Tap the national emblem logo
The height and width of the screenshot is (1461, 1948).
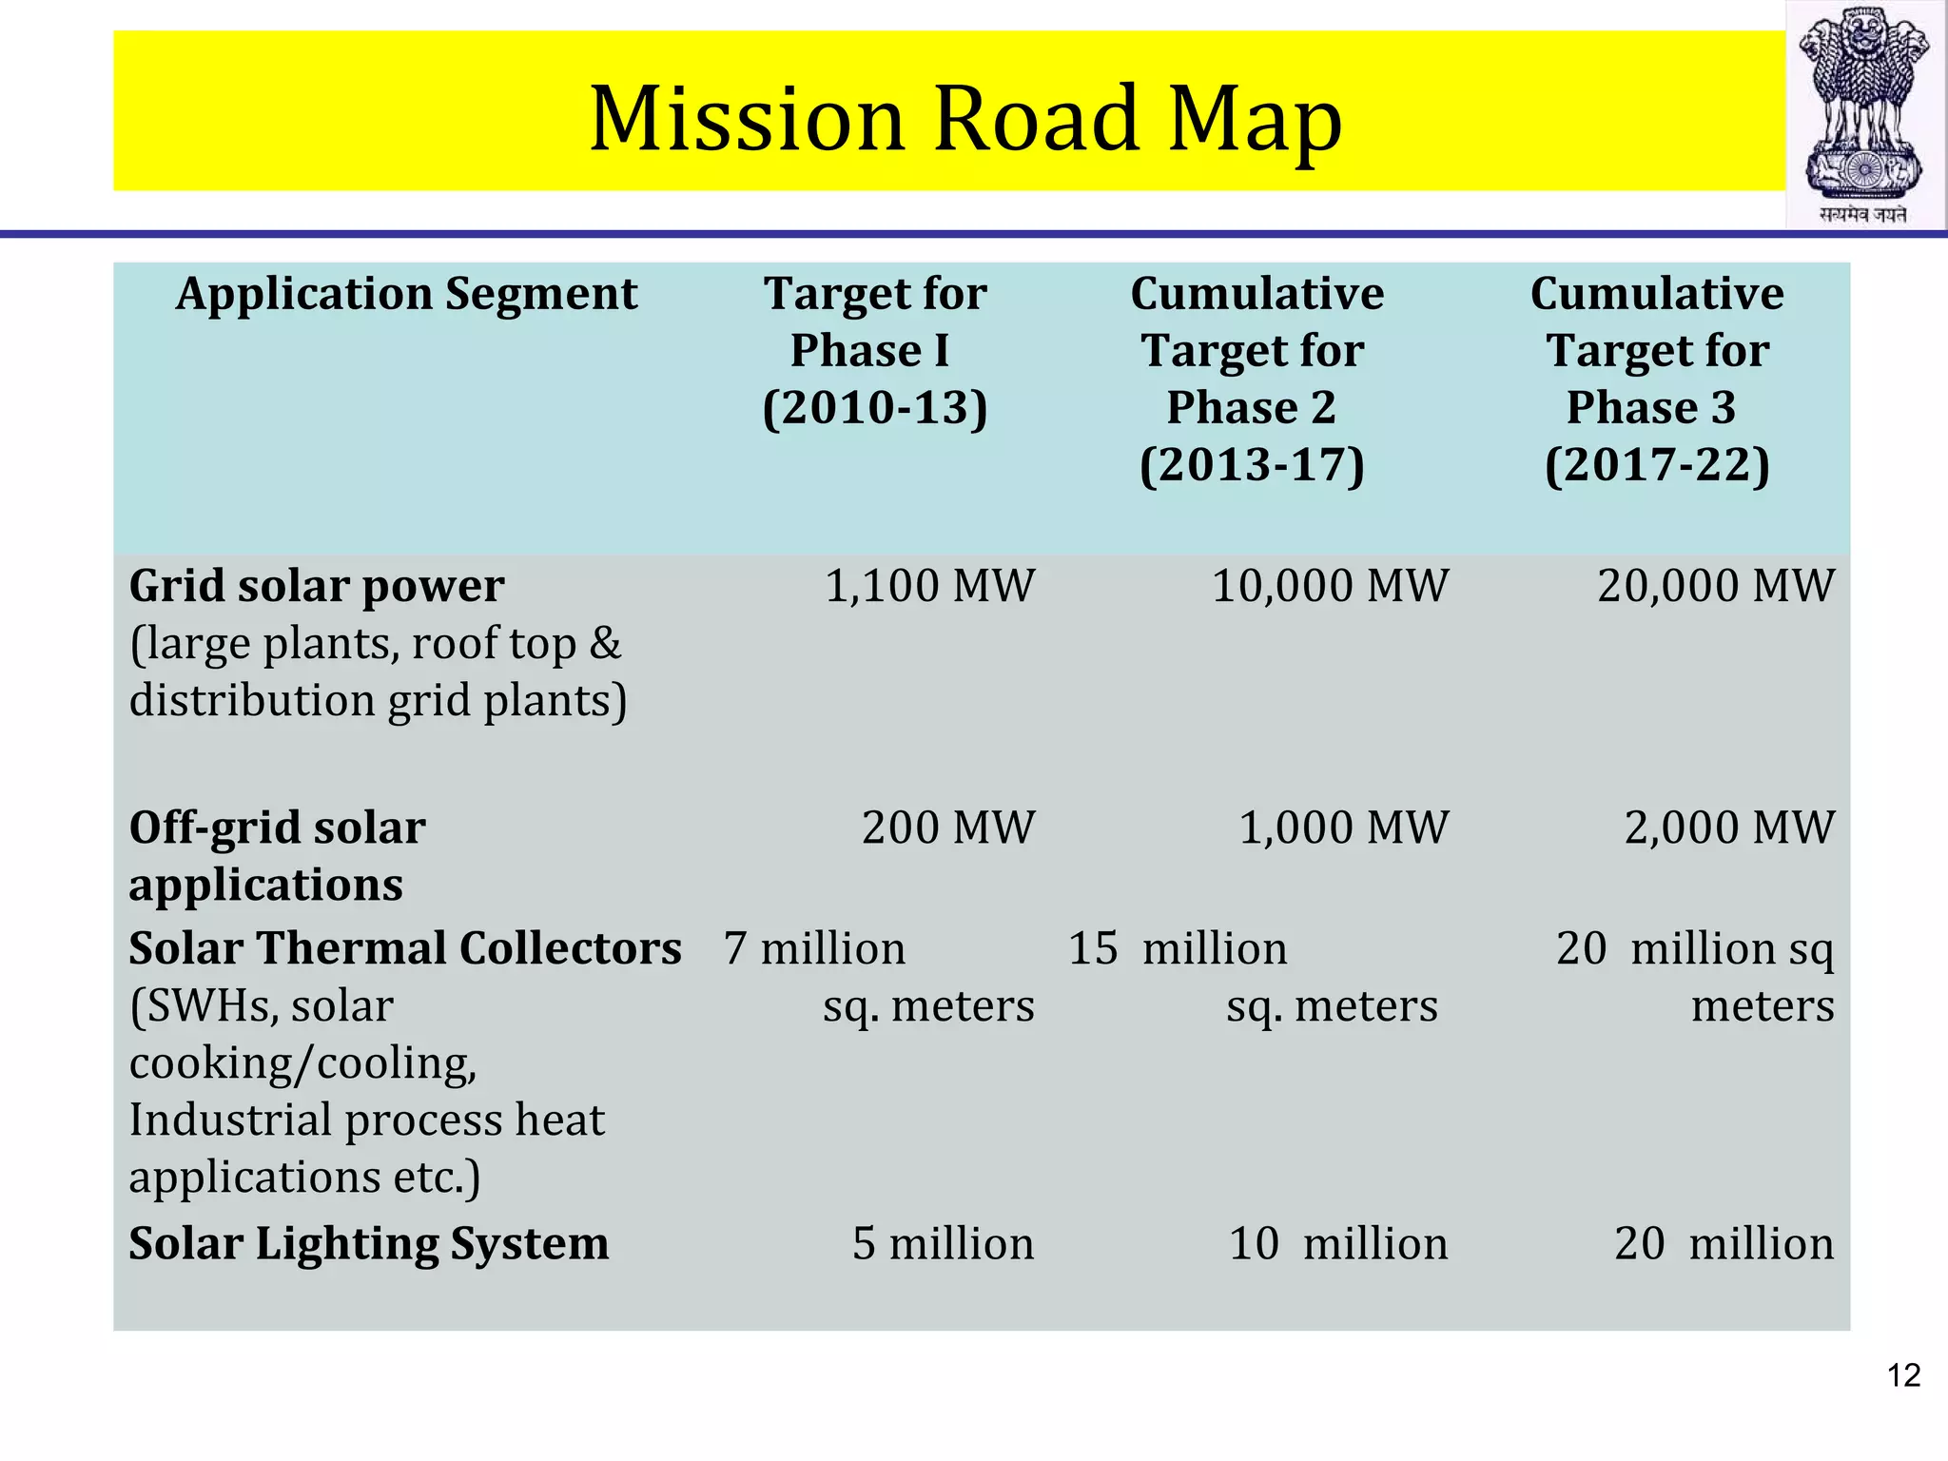(1865, 114)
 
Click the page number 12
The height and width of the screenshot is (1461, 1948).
(1903, 1375)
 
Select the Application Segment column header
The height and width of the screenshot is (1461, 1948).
(406, 294)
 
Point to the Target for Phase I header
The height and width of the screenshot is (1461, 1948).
(875, 350)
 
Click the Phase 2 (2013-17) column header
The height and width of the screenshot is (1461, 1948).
(1255, 379)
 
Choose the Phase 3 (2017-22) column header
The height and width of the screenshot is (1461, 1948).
(1656, 379)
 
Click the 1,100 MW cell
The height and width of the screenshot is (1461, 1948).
(928, 586)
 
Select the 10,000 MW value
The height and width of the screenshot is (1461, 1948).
(1330, 586)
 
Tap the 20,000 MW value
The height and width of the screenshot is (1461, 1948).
(1715, 586)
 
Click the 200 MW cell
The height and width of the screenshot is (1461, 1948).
(947, 828)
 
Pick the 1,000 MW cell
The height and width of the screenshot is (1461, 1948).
(1343, 828)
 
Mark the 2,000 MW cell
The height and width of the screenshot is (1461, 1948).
(1728, 828)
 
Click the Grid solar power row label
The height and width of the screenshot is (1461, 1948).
(317, 586)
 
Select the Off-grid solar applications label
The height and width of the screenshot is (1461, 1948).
(277, 855)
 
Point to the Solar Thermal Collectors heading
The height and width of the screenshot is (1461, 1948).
(405, 948)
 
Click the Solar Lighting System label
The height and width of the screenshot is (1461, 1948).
(369, 1243)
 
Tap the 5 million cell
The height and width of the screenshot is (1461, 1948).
(942, 1243)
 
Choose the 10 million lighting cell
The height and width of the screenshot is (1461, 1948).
(1337, 1243)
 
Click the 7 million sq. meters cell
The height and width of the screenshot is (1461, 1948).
(877, 977)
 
